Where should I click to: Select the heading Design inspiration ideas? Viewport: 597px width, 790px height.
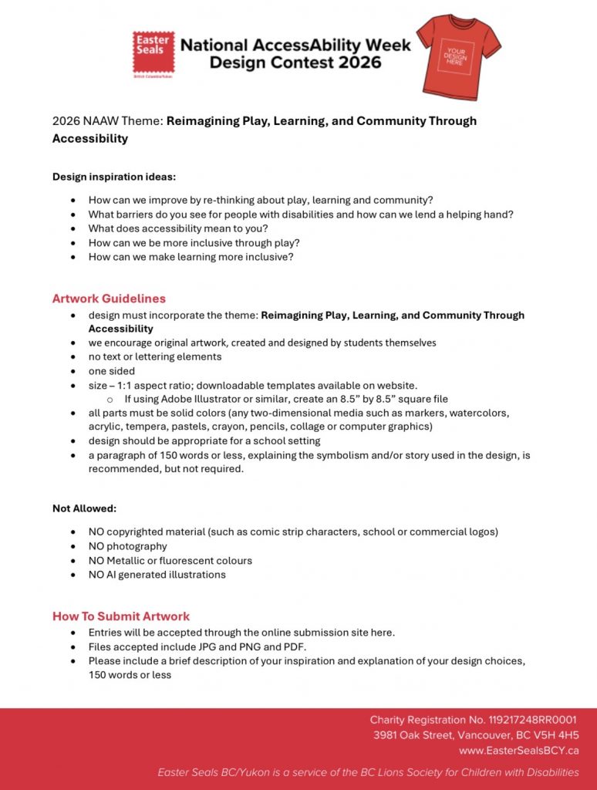click(x=114, y=177)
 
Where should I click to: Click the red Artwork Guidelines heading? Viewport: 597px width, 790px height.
click(x=109, y=299)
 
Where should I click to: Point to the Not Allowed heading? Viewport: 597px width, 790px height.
click(x=85, y=508)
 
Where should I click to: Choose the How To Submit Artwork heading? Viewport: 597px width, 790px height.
click(x=121, y=616)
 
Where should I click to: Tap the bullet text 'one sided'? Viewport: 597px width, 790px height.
click(x=111, y=371)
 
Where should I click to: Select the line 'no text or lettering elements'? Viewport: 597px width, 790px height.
click(x=155, y=356)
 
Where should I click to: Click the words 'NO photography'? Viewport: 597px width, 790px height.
click(x=127, y=546)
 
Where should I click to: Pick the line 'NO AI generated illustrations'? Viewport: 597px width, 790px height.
click(x=157, y=575)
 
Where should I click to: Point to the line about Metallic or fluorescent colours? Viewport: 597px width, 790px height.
click(x=170, y=561)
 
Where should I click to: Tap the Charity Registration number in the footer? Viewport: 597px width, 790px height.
click(x=474, y=720)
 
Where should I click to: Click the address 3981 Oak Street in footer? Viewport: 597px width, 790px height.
click(x=476, y=735)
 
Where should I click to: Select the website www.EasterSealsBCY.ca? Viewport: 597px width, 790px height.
click(x=518, y=751)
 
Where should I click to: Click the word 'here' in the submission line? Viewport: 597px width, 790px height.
click(x=383, y=633)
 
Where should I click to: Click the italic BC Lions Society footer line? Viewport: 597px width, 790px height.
click(x=368, y=772)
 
